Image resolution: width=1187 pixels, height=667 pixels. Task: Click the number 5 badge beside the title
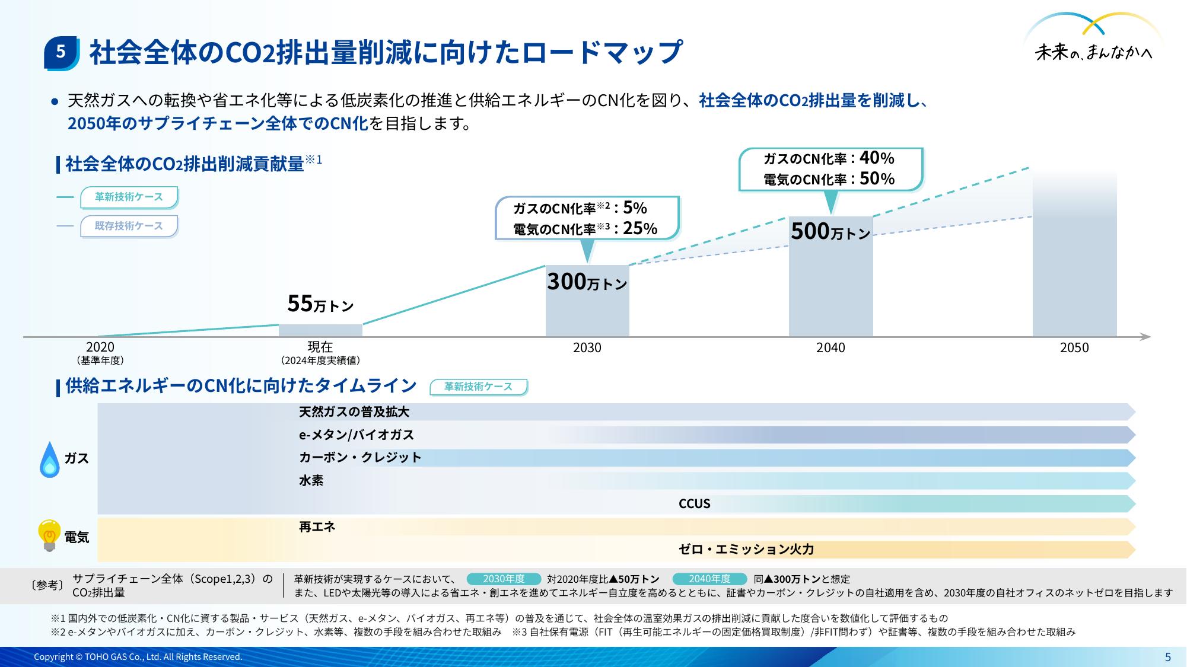click(61, 53)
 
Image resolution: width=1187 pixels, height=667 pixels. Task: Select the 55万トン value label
click(320, 304)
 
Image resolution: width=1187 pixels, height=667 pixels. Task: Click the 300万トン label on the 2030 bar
click(587, 282)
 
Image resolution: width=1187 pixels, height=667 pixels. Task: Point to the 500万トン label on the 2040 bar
click(830, 231)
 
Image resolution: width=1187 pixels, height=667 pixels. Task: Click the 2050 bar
click(1074, 255)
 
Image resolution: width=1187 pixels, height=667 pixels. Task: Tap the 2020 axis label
click(100, 347)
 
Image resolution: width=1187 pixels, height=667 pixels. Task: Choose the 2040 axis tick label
click(830, 348)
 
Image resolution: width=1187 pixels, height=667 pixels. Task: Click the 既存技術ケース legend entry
click(129, 226)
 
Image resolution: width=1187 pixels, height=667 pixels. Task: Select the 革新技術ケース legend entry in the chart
click(129, 197)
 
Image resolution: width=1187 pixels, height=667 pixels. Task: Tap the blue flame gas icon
click(50, 459)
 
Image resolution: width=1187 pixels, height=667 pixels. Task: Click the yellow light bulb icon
click(49, 535)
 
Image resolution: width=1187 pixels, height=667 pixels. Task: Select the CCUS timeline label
click(694, 504)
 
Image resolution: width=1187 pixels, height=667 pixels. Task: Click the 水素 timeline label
click(311, 481)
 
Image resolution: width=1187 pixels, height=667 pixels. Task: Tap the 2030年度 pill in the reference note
click(504, 579)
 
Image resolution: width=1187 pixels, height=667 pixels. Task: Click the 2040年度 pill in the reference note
click(709, 579)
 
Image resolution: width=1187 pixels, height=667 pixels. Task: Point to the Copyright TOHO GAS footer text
click(138, 657)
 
